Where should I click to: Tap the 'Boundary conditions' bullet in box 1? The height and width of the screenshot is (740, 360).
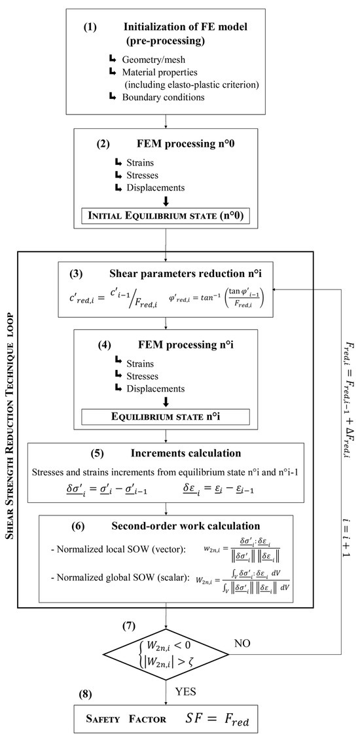click(x=164, y=98)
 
